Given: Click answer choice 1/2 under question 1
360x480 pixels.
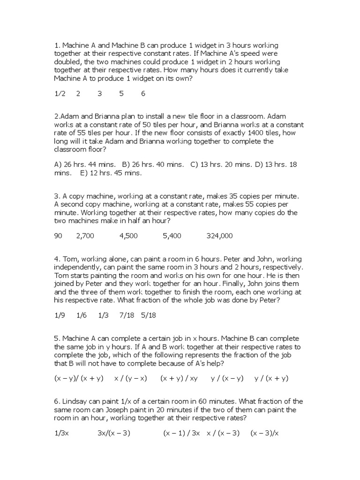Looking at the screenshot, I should (x=60, y=94).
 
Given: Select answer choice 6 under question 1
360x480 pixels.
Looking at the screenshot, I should (x=143, y=94).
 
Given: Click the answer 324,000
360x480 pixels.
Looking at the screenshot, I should (x=219, y=236).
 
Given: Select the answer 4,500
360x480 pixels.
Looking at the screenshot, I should (x=128, y=236).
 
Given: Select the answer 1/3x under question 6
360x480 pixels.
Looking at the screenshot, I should (x=61, y=434).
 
